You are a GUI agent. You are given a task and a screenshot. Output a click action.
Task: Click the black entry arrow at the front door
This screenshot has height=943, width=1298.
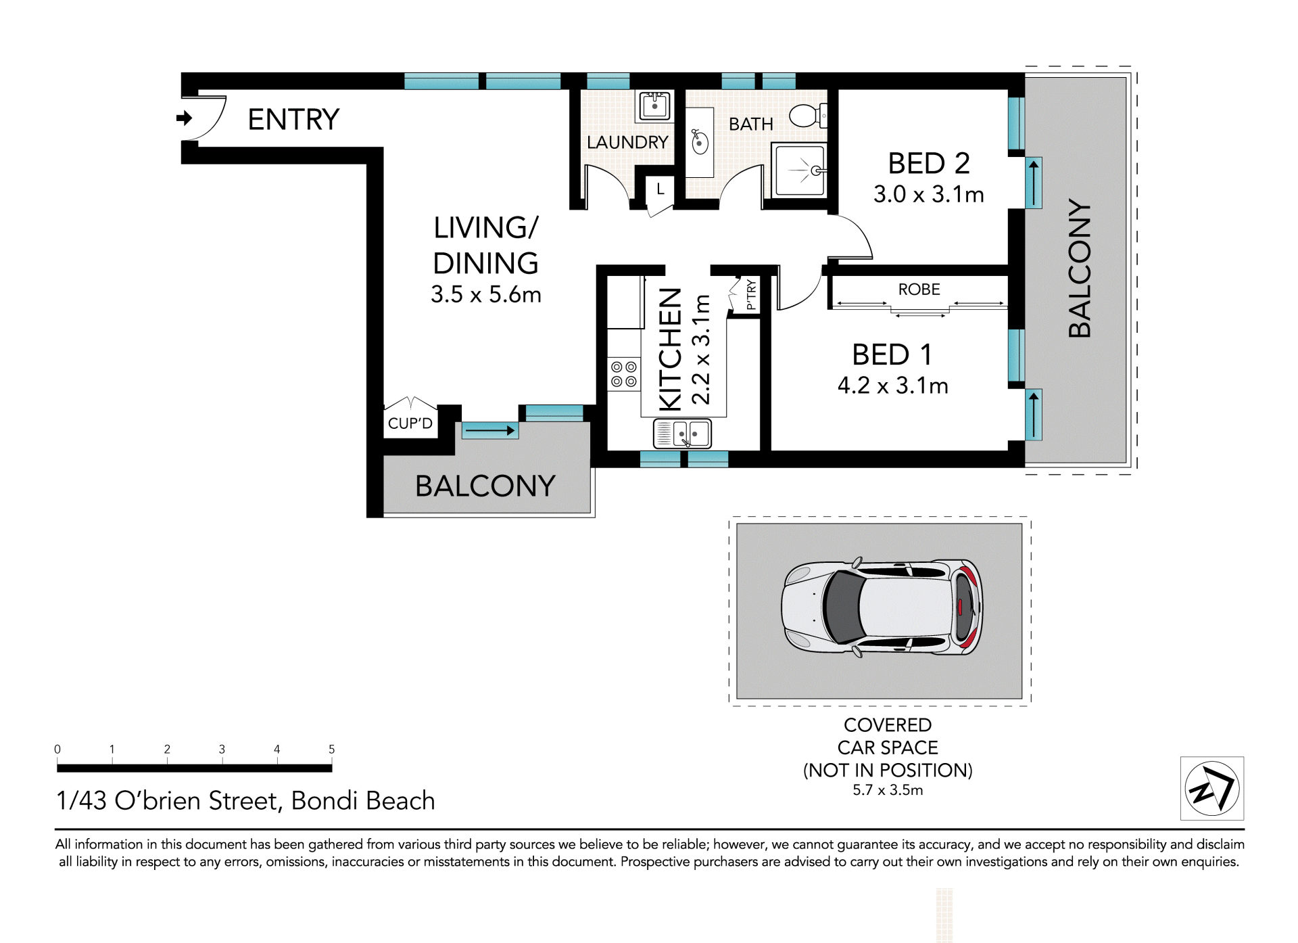[184, 118]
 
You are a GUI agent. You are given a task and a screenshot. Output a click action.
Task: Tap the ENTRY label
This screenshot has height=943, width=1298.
[293, 120]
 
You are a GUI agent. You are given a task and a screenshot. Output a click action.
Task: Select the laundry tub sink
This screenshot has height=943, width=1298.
[654, 106]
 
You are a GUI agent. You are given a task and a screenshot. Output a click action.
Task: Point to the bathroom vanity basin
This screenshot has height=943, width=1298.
[700, 142]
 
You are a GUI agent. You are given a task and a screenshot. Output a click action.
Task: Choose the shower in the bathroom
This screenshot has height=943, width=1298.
[800, 170]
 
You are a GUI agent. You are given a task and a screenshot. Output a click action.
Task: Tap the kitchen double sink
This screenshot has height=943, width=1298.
[682, 434]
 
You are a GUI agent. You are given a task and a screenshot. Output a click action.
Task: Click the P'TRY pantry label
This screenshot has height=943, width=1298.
[750, 295]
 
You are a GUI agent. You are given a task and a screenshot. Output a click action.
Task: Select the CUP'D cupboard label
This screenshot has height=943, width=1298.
[410, 423]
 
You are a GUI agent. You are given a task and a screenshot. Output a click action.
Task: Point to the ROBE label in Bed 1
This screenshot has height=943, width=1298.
[919, 290]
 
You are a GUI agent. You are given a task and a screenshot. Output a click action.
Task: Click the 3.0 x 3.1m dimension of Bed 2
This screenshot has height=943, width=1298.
[928, 195]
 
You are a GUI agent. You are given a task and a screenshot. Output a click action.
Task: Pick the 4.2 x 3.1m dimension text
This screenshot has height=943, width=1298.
[892, 386]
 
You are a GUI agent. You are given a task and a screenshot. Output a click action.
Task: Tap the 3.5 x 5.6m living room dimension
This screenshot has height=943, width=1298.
[486, 294]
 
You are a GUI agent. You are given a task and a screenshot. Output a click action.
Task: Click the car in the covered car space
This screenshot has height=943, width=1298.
[882, 607]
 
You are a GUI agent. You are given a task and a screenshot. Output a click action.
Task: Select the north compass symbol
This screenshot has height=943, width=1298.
[1212, 788]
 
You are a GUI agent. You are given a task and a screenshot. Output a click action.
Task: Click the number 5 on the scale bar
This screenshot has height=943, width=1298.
[331, 749]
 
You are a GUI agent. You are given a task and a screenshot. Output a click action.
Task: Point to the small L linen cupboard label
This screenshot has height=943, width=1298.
[660, 189]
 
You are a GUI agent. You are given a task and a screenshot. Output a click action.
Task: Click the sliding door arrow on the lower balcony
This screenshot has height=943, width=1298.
[490, 430]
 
